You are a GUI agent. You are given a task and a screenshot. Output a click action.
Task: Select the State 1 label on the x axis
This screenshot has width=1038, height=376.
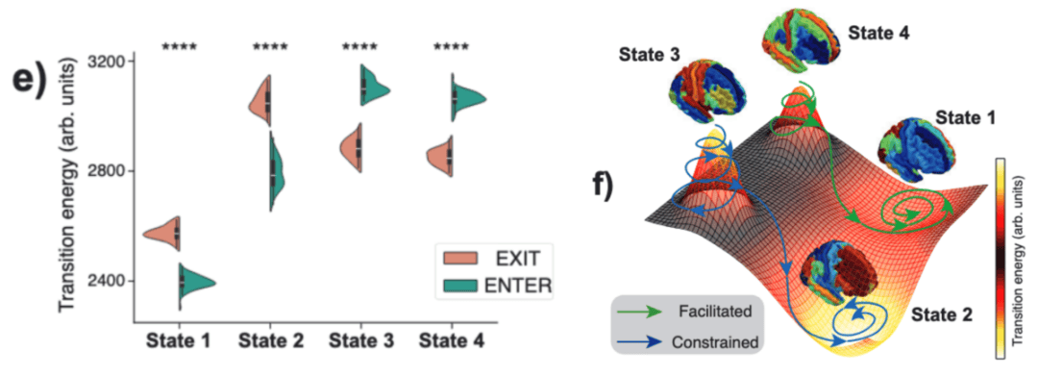click(x=180, y=341)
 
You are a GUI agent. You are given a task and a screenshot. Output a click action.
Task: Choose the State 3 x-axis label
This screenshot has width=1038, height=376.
click(x=360, y=341)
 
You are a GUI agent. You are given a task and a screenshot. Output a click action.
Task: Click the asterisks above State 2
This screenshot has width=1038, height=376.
click(x=270, y=48)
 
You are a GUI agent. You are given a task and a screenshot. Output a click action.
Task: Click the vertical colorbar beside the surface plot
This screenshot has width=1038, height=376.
click(x=1001, y=259)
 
